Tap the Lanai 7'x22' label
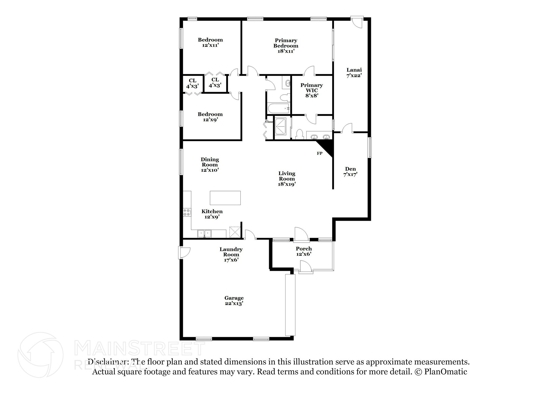[354, 72]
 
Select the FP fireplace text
[319, 153]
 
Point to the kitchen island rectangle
[225, 198]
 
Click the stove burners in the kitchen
[187, 212]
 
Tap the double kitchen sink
[204, 234]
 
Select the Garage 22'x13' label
[234, 301]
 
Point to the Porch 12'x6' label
[304, 251]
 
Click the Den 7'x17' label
[350, 172]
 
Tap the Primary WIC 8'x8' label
[312, 90]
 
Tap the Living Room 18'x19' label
[287, 179]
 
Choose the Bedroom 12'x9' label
[210, 117]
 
